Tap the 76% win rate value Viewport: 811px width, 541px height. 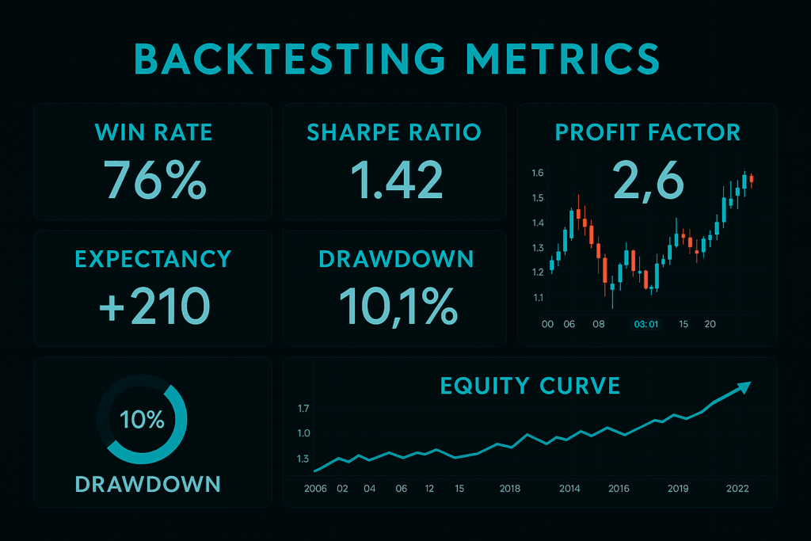155,180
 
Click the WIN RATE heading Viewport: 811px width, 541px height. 154,132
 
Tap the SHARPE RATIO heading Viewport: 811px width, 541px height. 394,132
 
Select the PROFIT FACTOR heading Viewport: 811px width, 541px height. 648,132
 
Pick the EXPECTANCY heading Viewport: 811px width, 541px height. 153,259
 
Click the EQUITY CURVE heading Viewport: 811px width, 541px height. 530,386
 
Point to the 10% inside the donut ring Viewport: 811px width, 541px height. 141,420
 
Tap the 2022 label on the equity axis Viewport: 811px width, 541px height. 737,489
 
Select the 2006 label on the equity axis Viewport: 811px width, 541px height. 315,489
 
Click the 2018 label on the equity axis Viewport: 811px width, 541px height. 510,489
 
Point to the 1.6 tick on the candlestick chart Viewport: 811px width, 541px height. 538,173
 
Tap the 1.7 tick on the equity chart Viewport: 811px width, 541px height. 303,409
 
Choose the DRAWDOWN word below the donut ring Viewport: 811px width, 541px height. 147,484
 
